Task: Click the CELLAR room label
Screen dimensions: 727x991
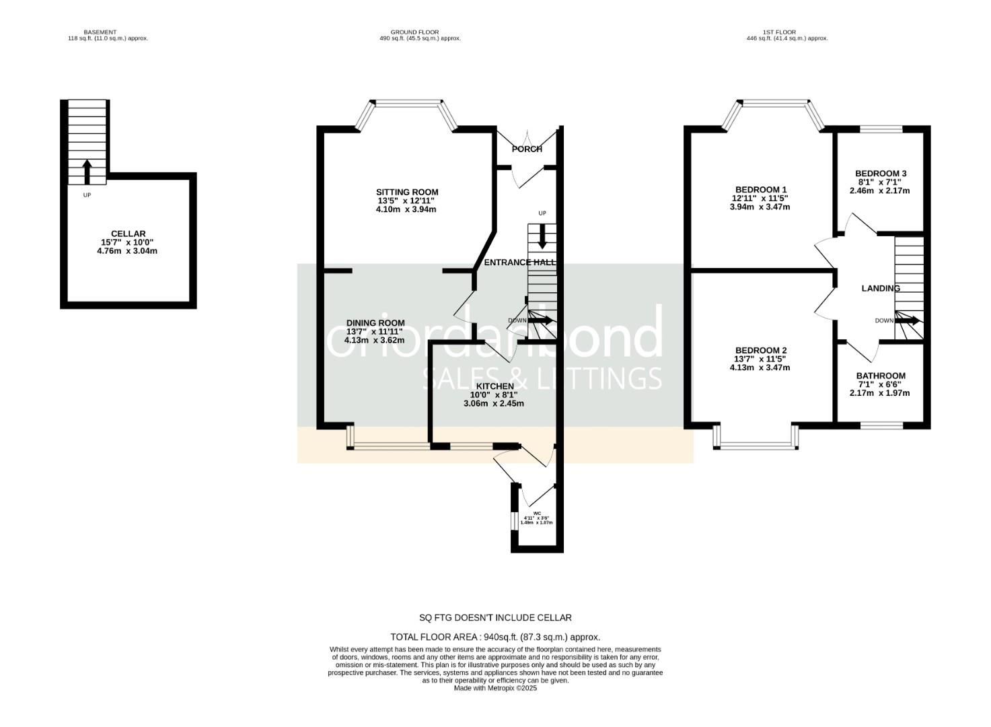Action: tap(128, 234)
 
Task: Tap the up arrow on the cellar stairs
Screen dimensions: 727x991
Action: tap(86, 171)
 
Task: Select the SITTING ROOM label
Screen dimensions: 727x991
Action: tap(407, 192)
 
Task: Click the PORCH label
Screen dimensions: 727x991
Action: tap(527, 149)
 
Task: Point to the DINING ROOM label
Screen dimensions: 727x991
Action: tap(375, 322)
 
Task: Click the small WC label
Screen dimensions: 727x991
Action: tap(536, 513)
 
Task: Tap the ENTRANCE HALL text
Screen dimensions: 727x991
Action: tap(519, 262)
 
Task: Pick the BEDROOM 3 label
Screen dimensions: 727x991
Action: tap(880, 173)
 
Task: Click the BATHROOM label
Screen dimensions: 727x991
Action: tap(880, 376)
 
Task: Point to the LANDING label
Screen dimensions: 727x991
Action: tap(880, 288)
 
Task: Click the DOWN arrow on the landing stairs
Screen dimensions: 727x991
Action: tap(908, 321)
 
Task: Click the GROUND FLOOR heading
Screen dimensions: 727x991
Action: tap(414, 32)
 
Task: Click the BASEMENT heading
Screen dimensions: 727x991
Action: tap(100, 32)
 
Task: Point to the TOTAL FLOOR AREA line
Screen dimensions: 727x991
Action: tap(495, 637)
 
